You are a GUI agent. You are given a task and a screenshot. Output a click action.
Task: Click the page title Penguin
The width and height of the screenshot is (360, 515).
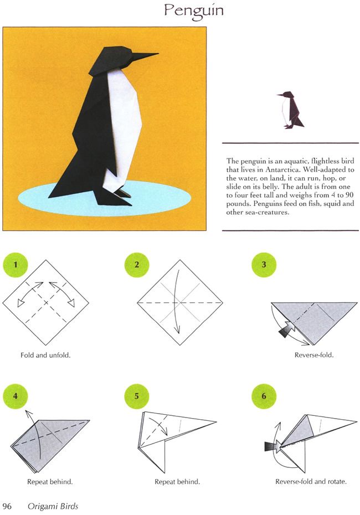194,11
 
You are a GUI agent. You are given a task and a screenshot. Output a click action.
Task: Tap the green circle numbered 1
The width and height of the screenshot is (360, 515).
15,265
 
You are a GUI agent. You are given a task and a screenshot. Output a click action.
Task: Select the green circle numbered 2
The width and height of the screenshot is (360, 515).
137,265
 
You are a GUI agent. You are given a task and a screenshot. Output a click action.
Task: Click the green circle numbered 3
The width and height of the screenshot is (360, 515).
264,265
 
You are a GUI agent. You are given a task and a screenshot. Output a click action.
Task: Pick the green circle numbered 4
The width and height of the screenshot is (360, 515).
15,396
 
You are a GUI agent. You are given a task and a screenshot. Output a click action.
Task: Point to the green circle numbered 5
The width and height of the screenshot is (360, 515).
137,396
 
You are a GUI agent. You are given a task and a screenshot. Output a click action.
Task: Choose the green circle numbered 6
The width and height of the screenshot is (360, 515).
264,396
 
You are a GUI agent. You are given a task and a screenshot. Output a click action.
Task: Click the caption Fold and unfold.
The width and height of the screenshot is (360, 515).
45,355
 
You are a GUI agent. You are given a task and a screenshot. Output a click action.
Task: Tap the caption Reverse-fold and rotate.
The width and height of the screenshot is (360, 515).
311,482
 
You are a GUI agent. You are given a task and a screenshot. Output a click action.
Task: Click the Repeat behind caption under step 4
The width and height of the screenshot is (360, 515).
50,482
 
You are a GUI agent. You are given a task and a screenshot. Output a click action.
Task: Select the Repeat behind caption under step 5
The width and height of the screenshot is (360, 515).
177,482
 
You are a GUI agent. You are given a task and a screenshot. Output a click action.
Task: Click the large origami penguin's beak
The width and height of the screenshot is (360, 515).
144,56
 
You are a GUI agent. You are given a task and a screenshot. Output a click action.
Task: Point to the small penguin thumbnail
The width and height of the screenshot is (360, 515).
290,110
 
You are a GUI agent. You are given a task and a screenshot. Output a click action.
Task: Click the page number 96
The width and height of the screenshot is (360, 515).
7,506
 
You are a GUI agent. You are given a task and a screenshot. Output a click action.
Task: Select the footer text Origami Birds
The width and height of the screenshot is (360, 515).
53,507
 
